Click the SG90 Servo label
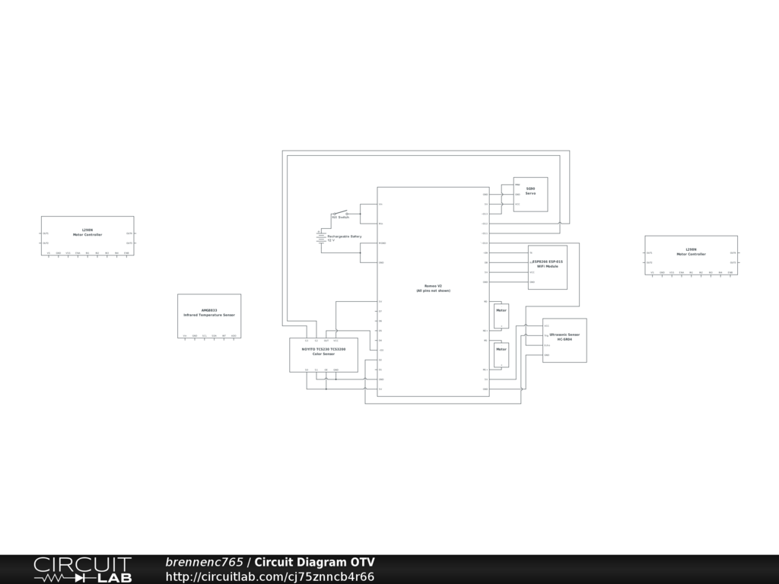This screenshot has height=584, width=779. (530, 191)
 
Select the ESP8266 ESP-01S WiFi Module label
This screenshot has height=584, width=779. (548, 264)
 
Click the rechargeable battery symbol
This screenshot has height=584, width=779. (321, 237)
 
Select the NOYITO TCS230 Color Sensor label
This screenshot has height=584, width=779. (323, 351)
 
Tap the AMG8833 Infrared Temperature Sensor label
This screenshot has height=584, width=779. (209, 313)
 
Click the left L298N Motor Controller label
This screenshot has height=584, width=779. (87, 232)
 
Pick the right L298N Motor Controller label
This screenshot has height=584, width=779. (691, 252)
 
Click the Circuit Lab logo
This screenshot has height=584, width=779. (82, 570)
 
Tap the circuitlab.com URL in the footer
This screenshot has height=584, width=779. (270, 577)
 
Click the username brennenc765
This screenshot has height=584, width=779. (204, 563)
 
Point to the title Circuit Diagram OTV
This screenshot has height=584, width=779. (314, 563)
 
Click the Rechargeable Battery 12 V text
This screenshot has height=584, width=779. (344, 238)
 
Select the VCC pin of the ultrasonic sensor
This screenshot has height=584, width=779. (546, 325)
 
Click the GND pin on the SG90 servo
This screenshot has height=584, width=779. (517, 195)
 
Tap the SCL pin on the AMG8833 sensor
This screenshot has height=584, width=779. (205, 335)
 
